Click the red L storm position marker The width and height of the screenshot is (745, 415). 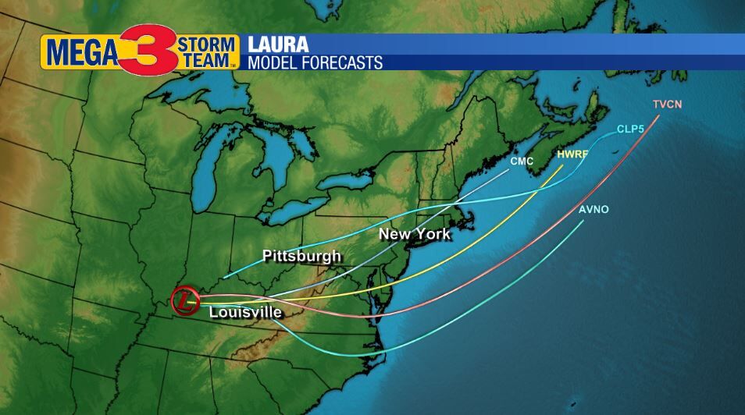point(184,300)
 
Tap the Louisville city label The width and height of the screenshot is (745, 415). point(245,312)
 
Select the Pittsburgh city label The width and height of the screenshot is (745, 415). point(301,255)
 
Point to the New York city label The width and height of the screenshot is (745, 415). point(414,234)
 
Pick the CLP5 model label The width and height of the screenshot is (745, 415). point(629,129)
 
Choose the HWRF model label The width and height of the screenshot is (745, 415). point(572,154)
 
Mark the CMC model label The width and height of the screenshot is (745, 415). point(522,161)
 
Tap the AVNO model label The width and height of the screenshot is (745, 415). point(594,210)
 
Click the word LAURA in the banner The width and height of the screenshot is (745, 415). point(277,44)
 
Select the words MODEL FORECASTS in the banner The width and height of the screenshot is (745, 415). point(315,62)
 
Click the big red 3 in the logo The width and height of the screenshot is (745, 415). point(148,49)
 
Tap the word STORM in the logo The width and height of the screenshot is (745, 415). point(206,42)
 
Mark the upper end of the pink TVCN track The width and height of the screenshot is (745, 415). point(658,116)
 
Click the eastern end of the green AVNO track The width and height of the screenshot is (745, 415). point(583,222)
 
